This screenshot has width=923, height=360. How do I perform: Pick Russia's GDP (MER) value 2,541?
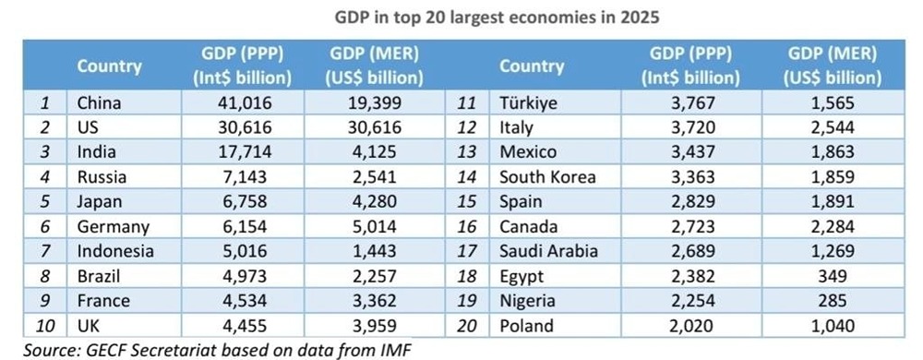click(376, 177)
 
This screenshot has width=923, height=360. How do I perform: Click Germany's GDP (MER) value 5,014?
click(376, 227)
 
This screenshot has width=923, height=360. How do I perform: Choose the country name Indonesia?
click(115, 251)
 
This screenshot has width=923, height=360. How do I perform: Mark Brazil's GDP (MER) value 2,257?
click(376, 276)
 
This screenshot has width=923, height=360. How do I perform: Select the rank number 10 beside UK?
click(44, 325)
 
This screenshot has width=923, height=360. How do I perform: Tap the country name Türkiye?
click(528, 103)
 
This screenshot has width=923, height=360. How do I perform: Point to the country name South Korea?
click(547, 177)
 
